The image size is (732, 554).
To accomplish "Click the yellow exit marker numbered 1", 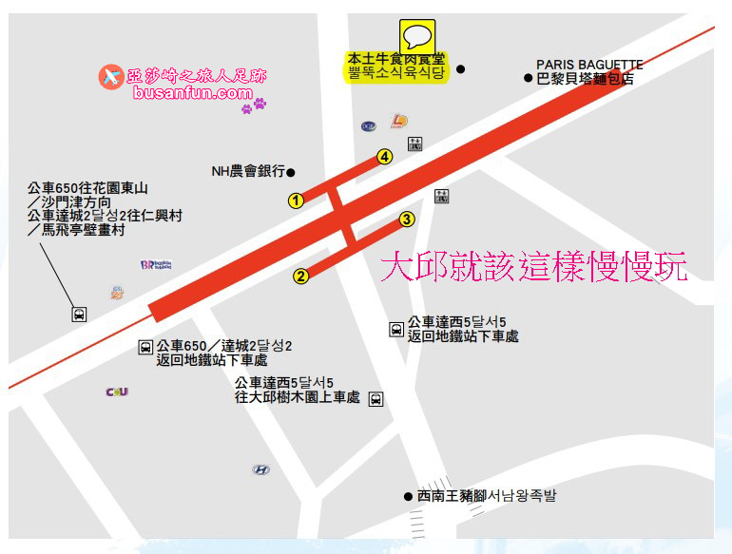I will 297,201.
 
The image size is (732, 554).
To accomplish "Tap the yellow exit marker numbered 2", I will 300,277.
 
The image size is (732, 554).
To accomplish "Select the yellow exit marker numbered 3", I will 407,220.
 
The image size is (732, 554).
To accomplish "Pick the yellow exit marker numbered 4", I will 384,157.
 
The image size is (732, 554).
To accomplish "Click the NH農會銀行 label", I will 248,172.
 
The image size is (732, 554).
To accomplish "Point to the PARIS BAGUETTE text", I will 589,65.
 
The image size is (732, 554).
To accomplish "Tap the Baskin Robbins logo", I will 155,266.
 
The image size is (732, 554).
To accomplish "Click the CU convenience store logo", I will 117,392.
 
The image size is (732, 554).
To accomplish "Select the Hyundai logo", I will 260,469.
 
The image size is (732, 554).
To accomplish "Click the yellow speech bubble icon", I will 416,37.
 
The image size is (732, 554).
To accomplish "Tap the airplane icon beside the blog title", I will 110,76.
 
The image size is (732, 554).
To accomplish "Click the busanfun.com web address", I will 193,93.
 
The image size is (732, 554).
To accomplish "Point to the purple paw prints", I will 254,105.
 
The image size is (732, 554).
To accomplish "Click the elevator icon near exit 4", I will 414,144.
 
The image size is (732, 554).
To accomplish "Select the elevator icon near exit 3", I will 441,196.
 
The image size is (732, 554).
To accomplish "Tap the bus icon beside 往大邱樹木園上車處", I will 376,399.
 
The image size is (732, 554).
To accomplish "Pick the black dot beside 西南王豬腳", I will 408,496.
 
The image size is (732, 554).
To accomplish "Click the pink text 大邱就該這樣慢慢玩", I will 533,267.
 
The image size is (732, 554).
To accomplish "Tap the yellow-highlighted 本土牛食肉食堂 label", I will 395,66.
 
